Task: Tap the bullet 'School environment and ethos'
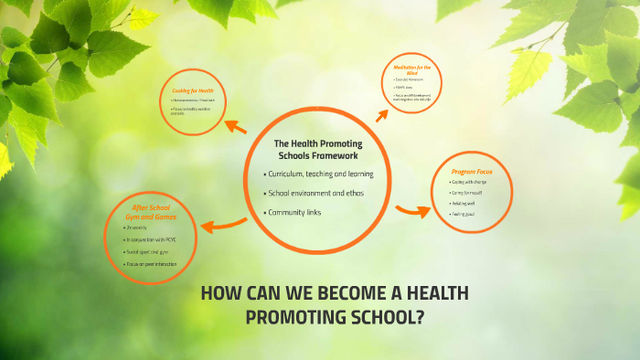[310, 193]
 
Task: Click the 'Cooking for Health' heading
[192, 90]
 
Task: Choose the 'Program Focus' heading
[472, 171]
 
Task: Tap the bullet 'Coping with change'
[470, 182]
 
